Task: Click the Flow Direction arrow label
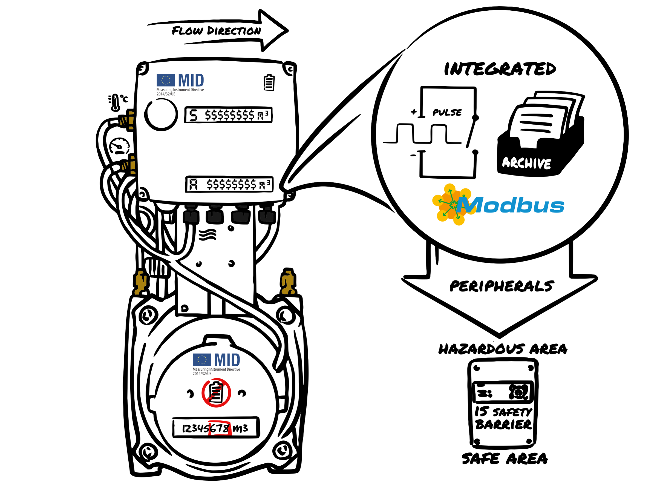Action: click(216, 31)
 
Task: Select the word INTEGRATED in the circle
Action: click(500, 69)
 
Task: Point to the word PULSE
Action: click(447, 112)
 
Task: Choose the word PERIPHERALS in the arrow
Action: click(501, 286)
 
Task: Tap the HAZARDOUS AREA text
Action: click(503, 349)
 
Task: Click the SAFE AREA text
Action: click(504, 458)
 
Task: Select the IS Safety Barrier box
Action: click(503, 403)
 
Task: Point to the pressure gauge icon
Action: click(119, 146)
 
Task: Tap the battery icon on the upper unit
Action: click(269, 82)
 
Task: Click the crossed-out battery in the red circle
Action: click(216, 392)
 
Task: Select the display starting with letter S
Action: click(228, 115)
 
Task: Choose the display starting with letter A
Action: click(229, 184)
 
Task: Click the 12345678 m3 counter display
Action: click(216, 428)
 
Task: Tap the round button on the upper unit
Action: click(161, 114)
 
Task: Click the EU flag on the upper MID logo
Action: click(166, 80)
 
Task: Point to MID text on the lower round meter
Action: click(227, 360)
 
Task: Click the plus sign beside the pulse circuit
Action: click(414, 112)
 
